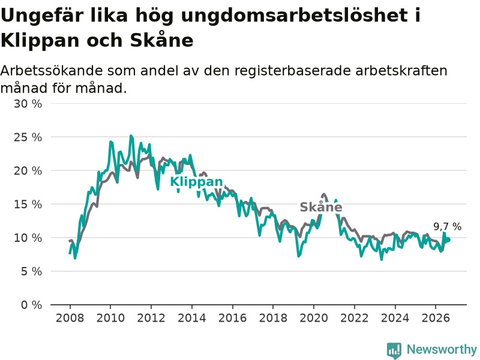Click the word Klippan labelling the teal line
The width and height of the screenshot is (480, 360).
pyautogui.click(x=196, y=182)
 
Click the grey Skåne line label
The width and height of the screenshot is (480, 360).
pyautogui.click(x=321, y=207)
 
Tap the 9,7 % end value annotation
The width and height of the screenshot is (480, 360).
pyautogui.click(x=447, y=227)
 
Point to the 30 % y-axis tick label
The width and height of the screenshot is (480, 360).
pyautogui.click(x=28, y=104)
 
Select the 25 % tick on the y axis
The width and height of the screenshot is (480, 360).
pyautogui.click(x=28, y=137)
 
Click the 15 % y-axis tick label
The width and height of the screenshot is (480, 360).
pyautogui.click(x=28, y=204)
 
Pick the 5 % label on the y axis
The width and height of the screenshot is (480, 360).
pyautogui.click(x=32, y=271)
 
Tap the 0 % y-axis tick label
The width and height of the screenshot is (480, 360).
pyautogui.click(x=32, y=305)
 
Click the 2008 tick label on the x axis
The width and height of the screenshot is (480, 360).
pyautogui.click(x=70, y=318)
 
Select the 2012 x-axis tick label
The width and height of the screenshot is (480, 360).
pyautogui.click(x=151, y=318)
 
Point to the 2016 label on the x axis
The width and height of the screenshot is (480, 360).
pyautogui.click(x=233, y=318)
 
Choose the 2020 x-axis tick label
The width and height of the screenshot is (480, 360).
pyautogui.click(x=314, y=318)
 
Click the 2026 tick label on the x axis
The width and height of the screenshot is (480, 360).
pyautogui.click(x=436, y=318)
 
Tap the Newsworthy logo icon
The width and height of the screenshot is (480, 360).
pyautogui.click(x=394, y=350)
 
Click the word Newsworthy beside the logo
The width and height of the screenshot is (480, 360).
pyautogui.click(x=442, y=349)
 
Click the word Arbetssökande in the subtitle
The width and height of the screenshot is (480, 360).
pyautogui.click(x=52, y=71)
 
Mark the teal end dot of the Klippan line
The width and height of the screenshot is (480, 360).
pyautogui.click(x=448, y=239)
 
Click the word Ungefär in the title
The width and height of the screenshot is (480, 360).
pyautogui.click(x=43, y=16)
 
